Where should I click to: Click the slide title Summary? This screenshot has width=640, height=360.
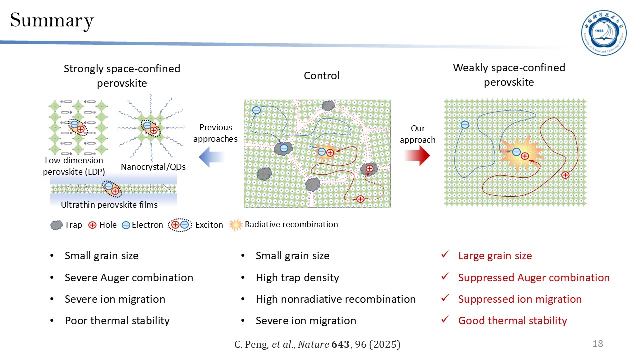tap(52, 21)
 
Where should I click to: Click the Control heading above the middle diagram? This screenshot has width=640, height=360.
tap(321, 76)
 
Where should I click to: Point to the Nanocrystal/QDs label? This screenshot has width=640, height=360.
tap(153, 167)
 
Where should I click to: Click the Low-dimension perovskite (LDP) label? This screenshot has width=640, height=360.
tap(74, 165)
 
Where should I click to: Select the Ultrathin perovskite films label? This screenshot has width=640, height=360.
tap(109, 205)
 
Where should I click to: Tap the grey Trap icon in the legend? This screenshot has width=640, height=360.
tap(56, 225)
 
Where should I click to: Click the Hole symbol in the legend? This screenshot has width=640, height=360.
tap(92, 225)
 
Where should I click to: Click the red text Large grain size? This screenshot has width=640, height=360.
tap(495, 256)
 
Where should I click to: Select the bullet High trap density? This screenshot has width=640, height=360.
tap(297, 278)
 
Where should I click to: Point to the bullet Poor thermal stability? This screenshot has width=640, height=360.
tap(117, 321)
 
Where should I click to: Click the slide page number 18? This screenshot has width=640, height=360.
tap(597, 344)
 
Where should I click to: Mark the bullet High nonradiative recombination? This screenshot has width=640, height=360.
tap(335, 299)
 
